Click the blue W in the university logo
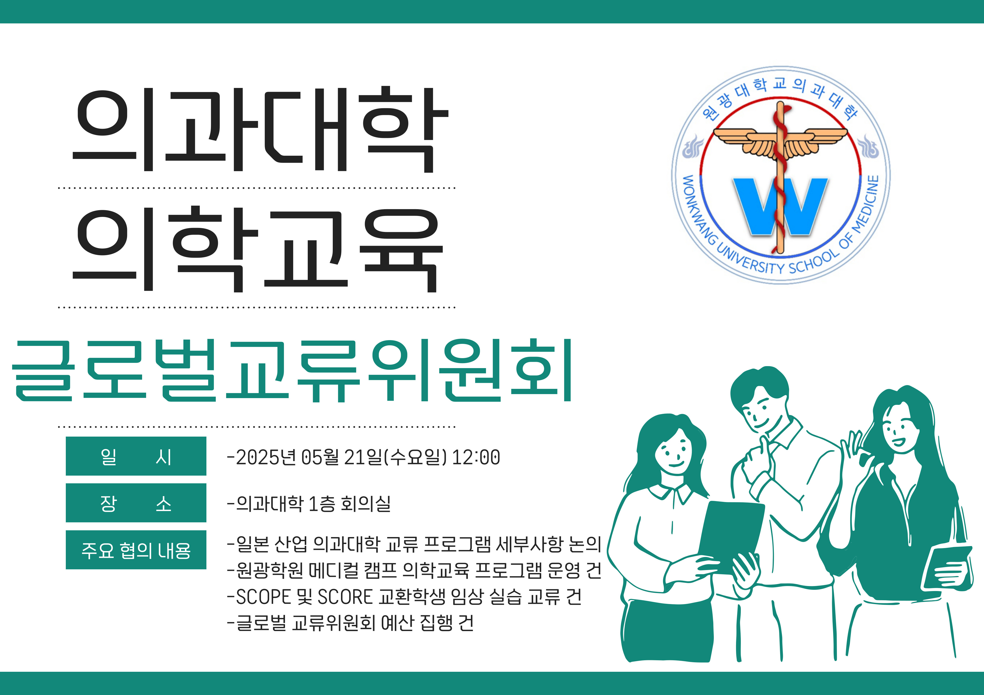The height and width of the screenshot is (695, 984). [x=780, y=206]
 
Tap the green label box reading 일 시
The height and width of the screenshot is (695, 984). [x=136, y=456]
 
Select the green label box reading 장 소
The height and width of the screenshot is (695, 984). [x=136, y=503]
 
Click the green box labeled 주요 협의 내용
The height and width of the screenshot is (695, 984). [x=136, y=550]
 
